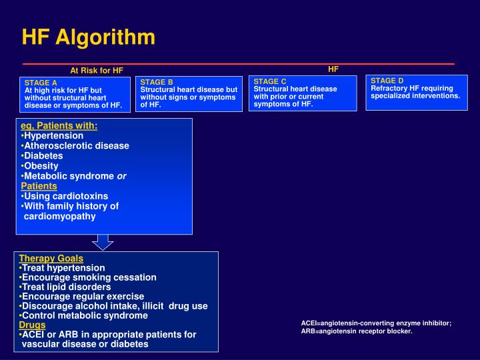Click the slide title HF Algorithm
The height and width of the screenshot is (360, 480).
tap(89, 37)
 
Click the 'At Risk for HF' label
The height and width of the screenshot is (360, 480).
tap(97, 70)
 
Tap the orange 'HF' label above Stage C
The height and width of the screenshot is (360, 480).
tap(333, 69)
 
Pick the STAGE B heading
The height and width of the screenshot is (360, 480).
tap(157, 82)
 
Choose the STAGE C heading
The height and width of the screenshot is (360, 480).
tap(270, 81)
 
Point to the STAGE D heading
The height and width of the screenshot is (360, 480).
tap(387, 81)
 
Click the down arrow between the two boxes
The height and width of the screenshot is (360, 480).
tap(104, 241)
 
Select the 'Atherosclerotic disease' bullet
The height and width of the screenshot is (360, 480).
tap(76, 145)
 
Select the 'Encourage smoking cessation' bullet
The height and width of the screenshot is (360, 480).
tap(89, 277)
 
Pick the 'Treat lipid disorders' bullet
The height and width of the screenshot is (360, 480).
tap(67, 287)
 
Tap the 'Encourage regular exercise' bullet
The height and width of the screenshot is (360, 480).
tap(83, 296)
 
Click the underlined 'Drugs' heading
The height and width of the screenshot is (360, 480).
tap(32, 325)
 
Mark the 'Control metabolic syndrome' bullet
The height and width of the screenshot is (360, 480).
tap(85, 315)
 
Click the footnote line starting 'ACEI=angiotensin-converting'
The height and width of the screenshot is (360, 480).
tap(376, 323)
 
